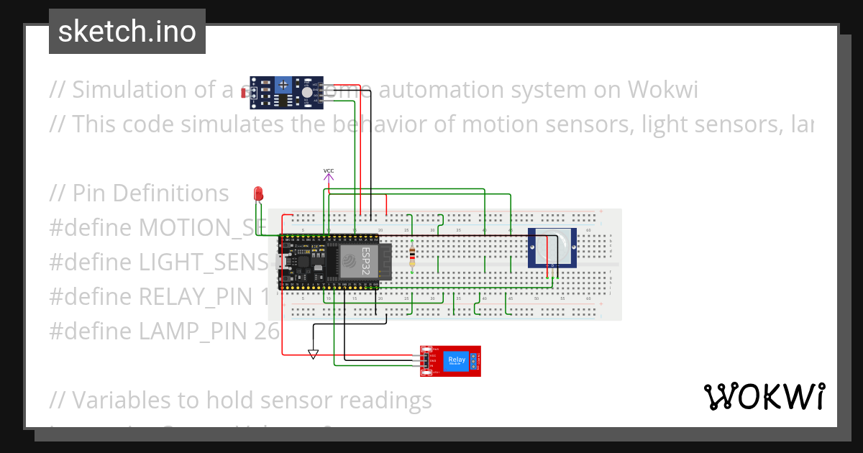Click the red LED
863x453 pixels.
(x=259, y=193)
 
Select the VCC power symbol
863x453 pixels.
(x=329, y=175)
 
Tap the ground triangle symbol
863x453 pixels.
(x=312, y=354)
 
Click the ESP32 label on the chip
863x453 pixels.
(x=365, y=261)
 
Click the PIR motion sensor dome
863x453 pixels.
(x=552, y=246)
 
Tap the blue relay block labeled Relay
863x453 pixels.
(x=456, y=360)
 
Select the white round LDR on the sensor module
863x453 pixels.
(x=307, y=92)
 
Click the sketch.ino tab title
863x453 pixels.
(x=127, y=32)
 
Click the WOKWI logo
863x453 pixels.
(x=764, y=396)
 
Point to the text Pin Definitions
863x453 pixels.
(x=150, y=193)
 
